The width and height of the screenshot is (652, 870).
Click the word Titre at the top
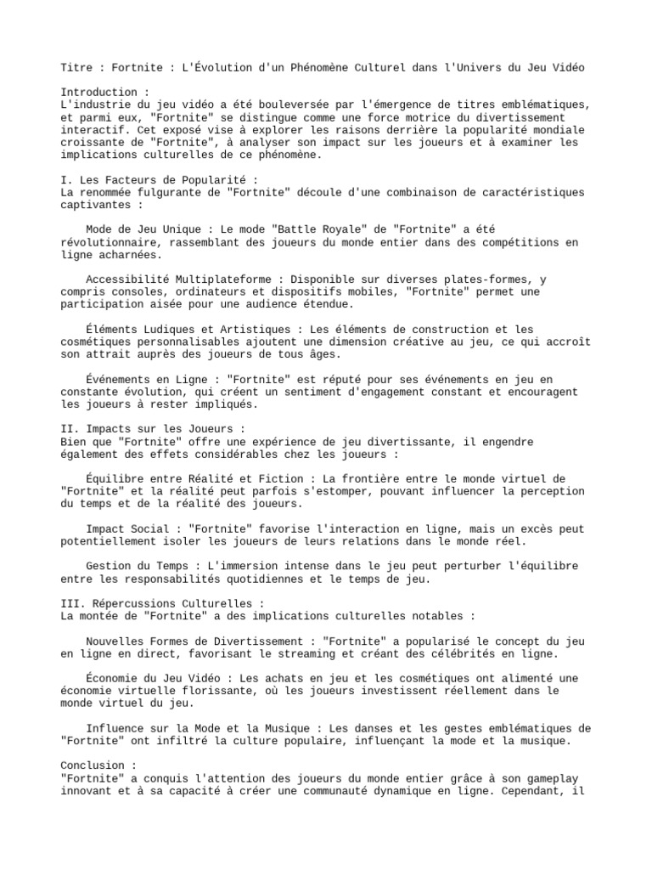[79, 67]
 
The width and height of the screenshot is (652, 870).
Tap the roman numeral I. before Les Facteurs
[67, 180]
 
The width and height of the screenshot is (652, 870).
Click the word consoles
[147, 291]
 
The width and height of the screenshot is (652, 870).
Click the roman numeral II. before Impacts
[70, 429]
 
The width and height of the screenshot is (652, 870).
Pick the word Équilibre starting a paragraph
[115, 478]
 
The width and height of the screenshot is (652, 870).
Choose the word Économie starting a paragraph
[113, 678]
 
